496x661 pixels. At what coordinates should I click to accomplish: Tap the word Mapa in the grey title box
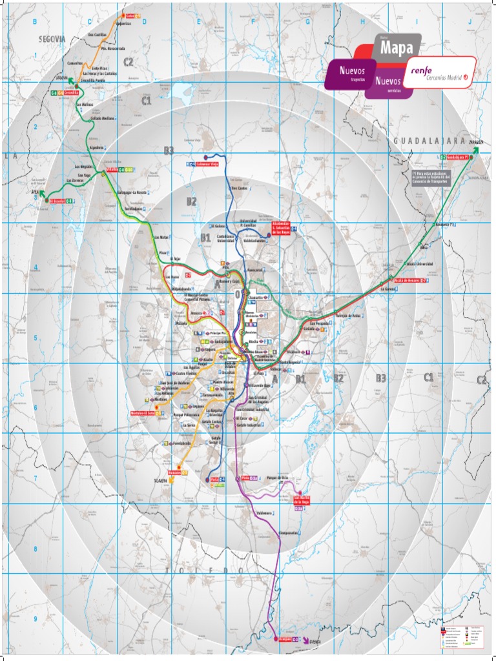[396, 48]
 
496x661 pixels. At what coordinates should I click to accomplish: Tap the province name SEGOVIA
[52, 39]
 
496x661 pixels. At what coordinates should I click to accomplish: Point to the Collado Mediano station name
[103, 119]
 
